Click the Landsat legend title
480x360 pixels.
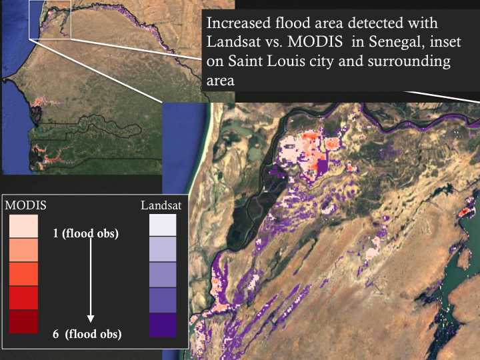(x=161, y=205)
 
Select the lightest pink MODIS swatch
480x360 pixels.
(x=23, y=225)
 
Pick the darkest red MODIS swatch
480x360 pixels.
(x=23, y=322)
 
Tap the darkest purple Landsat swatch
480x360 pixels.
(x=163, y=325)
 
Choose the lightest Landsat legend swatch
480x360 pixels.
(x=163, y=225)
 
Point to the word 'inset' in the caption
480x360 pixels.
(x=432, y=42)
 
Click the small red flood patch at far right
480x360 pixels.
(x=465, y=212)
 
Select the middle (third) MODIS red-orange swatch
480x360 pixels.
(x=23, y=274)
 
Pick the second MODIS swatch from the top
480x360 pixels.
(x=23, y=250)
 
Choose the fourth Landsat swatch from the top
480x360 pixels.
(x=163, y=300)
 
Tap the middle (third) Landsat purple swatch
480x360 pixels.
(x=163, y=275)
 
